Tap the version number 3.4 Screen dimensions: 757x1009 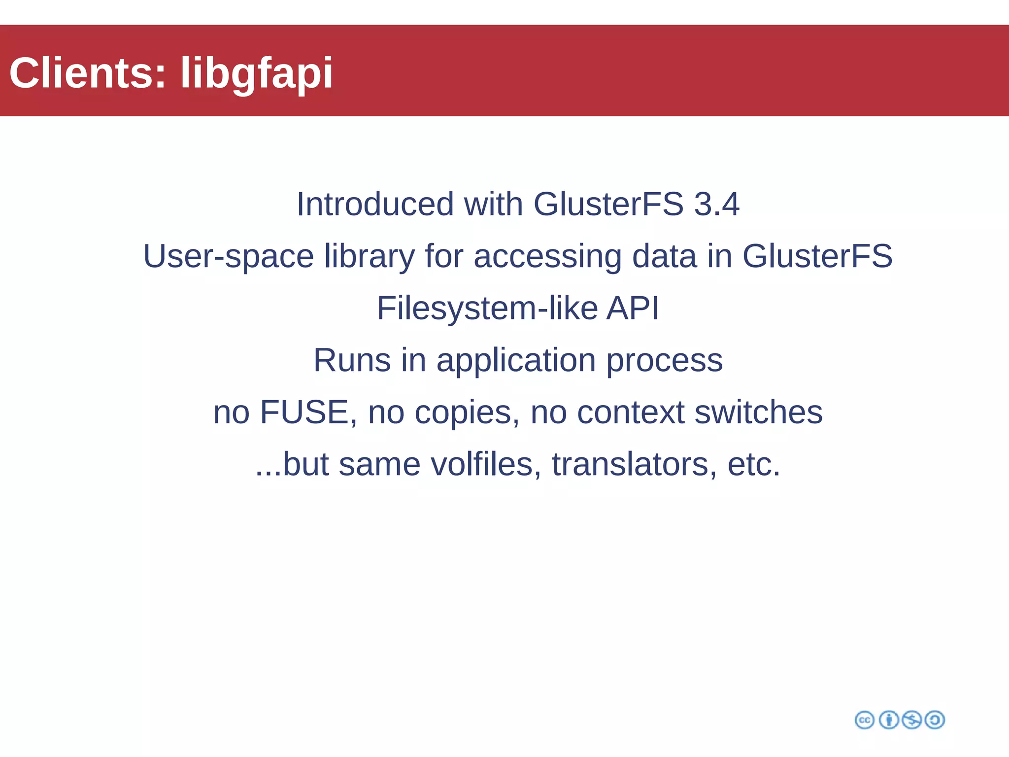tap(716, 204)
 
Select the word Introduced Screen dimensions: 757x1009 tap(375, 204)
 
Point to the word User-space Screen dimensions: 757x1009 tap(229, 256)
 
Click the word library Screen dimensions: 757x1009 tap(370, 256)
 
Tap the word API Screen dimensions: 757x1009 tap(633, 309)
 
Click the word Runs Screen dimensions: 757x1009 tap(352, 360)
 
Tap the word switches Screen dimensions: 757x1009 tap(758, 413)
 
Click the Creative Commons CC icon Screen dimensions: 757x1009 tap(865, 720)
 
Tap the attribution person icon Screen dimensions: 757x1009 tap(889, 720)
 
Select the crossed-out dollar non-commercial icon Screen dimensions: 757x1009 tap(912, 720)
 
